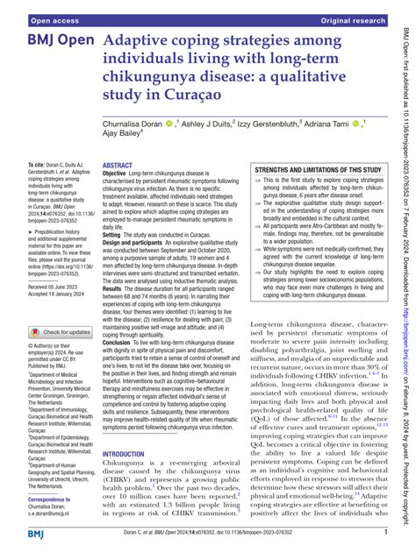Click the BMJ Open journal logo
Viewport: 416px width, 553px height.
(x=50, y=41)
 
